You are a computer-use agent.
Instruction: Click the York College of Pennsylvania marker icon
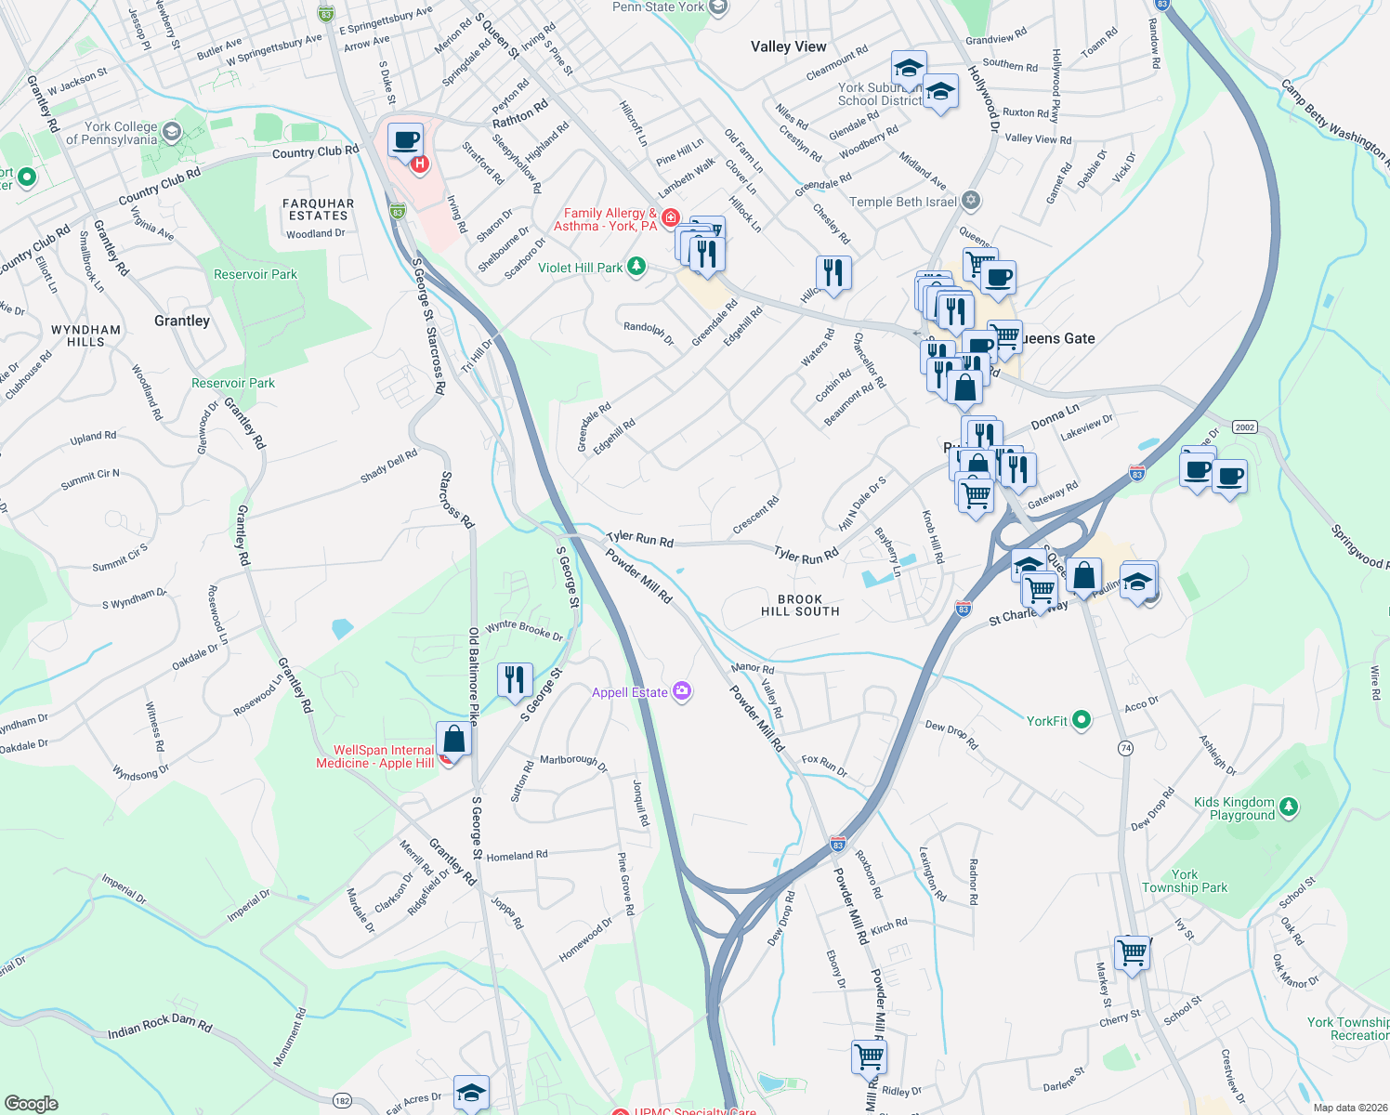[171, 132]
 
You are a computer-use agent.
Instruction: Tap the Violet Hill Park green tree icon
[636, 268]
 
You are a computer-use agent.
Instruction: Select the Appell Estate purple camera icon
[682, 691]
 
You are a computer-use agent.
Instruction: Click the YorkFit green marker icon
[1081, 720]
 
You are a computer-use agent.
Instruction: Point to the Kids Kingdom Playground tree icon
[1288, 807]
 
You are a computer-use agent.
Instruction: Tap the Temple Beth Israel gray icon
[971, 201]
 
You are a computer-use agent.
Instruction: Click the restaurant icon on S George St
[515, 680]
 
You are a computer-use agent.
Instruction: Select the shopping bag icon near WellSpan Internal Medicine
[453, 740]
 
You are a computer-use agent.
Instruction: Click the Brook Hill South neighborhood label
[800, 606]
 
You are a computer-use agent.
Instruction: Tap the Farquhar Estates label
[319, 209]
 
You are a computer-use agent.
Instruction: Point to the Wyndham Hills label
[85, 335]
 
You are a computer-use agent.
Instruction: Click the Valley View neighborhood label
[788, 46]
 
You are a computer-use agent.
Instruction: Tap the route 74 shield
[1125, 748]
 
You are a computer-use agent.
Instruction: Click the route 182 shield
[342, 1100]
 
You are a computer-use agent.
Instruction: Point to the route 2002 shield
[1244, 427]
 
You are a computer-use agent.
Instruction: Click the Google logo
[31, 1104]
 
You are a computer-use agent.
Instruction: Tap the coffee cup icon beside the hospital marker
[405, 141]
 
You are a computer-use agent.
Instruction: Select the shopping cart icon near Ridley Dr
[869, 1056]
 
